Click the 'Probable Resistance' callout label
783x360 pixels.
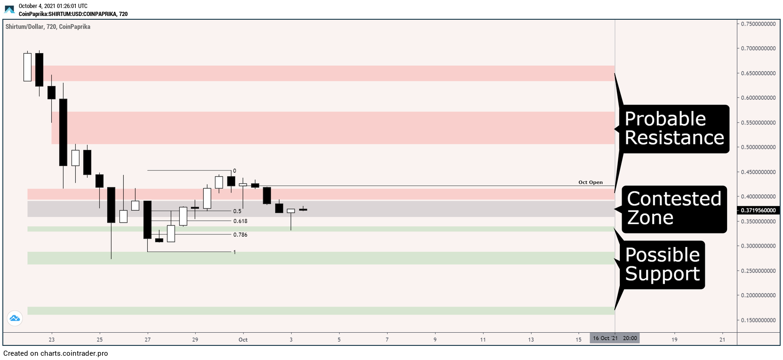(674, 128)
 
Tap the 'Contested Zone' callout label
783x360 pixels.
(674, 208)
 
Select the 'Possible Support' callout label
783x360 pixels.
(663, 264)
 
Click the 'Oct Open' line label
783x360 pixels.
(591, 182)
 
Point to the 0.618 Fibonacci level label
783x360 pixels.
(240, 221)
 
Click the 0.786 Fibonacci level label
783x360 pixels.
(240, 234)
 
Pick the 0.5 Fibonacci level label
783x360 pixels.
(237, 211)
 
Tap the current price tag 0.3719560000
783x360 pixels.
(758, 210)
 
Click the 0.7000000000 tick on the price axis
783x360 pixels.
(758, 48)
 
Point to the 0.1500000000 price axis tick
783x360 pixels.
(758, 320)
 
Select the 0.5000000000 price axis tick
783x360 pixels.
(758, 147)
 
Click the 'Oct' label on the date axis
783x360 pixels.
(243, 339)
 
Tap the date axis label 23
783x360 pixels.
(52, 339)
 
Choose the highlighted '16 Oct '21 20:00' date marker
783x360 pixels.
(615, 338)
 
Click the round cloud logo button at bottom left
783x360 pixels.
(15, 318)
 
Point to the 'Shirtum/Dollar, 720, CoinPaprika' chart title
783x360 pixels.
(48, 26)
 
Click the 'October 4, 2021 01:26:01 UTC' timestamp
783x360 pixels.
(53, 6)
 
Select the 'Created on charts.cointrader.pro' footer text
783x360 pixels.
(56, 353)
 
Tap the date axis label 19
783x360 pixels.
(674, 339)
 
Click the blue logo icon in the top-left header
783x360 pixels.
(9, 9)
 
